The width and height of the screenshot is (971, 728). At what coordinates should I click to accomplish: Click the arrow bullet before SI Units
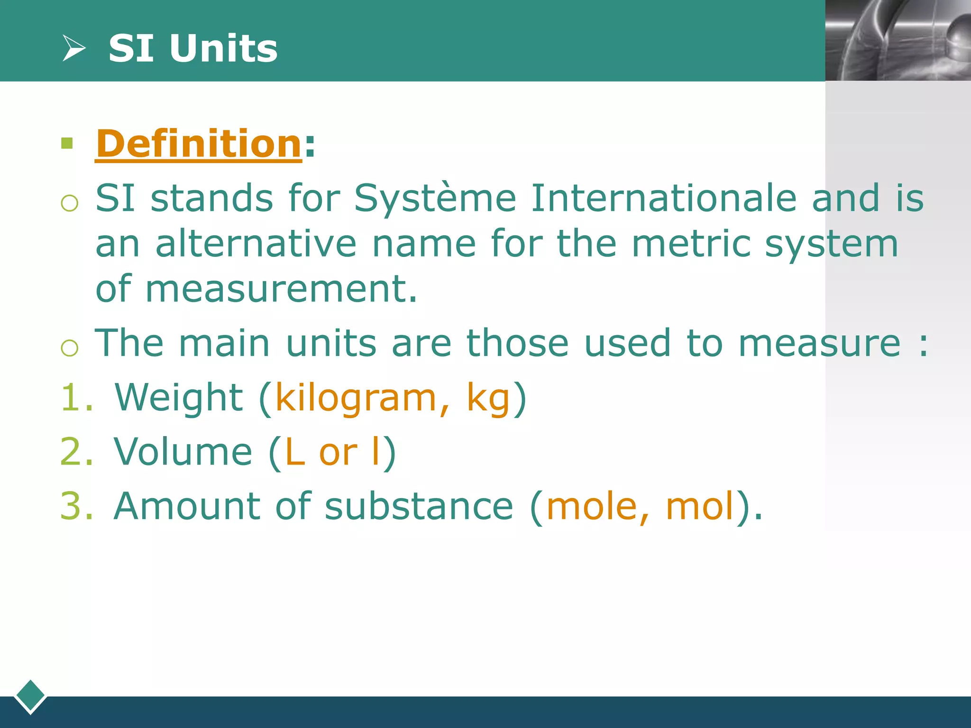(x=74, y=48)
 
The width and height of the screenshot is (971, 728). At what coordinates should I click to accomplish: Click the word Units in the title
(x=223, y=48)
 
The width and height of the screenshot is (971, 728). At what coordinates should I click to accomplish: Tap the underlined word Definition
(x=199, y=144)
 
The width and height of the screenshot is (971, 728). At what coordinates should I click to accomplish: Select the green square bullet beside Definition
(x=67, y=143)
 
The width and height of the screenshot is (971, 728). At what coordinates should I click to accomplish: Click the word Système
(x=435, y=198)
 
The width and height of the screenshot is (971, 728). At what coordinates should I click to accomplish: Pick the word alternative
(x=256, y=244)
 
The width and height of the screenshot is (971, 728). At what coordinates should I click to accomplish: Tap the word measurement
(x=281, y=289)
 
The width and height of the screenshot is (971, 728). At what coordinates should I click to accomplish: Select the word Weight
(x=179, y=397)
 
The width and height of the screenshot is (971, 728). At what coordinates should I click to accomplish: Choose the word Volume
(x=183, y=452)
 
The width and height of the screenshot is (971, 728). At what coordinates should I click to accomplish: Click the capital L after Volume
(x=294, y=452)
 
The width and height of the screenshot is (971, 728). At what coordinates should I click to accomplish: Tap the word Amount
(x=187, y=506)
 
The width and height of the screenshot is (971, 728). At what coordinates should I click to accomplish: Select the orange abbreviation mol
(x=700, y=506)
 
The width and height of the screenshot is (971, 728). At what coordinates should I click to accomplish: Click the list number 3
(x=71, y=506)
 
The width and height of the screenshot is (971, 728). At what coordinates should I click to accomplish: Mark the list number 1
(x=71, y=397)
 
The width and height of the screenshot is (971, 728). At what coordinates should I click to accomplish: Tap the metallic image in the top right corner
(x=898, y=40)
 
